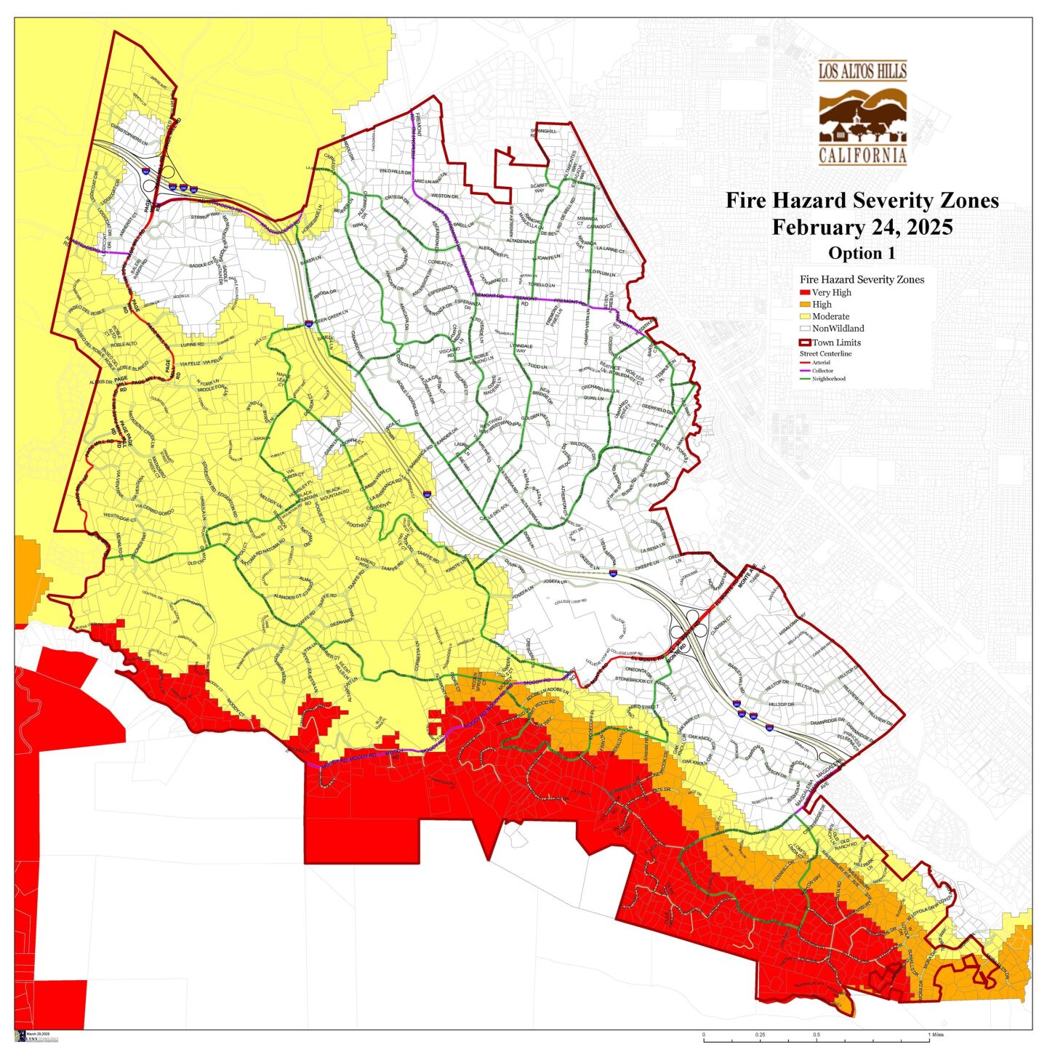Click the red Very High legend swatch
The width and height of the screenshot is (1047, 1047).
coord(805,292)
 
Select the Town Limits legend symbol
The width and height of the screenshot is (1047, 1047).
coord(805,342)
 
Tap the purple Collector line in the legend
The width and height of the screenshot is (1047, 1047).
coord(805,371)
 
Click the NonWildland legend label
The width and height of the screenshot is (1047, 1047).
coord(838,329)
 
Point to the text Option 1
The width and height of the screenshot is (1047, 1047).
coord(862,253)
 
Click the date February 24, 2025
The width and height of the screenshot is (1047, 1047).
coord(862,227)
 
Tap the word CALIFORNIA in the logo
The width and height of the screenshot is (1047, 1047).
coord(862,156)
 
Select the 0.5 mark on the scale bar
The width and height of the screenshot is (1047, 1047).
coord(817,1034)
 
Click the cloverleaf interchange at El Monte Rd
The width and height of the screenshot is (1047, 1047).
coord(688,624)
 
